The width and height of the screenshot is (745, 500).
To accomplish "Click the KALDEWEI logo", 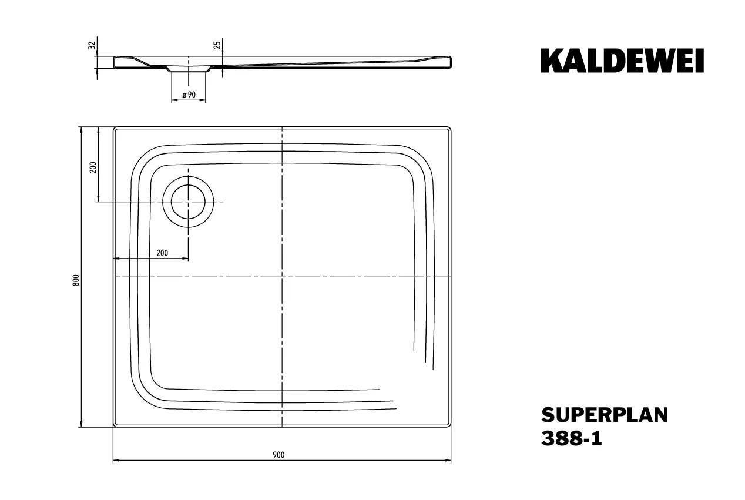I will [622, 61].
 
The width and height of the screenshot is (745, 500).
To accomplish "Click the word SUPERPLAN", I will [605, 415].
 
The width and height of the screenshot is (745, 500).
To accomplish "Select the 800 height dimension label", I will [75, 280].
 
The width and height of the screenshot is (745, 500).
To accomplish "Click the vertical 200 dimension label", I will [92, 168].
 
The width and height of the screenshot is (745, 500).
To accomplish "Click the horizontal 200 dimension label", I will [163, 253].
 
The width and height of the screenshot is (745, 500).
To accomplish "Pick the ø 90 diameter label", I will [189, 95].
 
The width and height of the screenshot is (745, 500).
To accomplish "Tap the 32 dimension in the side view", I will [91, 45].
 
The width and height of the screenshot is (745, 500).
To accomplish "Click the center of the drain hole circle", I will [189, 202].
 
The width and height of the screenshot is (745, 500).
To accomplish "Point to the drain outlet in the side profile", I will [189, 69].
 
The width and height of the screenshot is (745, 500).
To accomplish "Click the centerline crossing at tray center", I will [283, 276].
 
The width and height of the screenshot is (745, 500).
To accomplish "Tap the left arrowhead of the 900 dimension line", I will [115, 461].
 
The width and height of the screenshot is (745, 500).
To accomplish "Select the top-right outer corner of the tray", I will [451, 127].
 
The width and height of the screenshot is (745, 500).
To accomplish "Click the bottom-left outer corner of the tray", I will [113, 427].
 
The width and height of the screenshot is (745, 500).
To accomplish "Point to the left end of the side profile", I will [114, 62].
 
